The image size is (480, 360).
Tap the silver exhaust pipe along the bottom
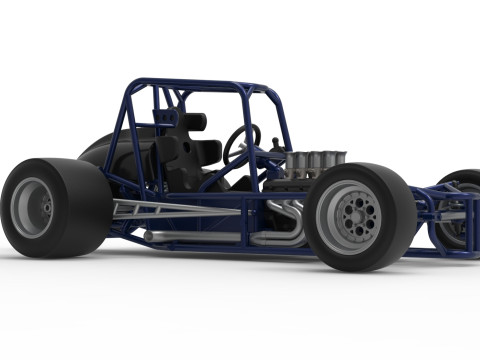200,237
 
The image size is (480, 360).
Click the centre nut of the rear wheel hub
46,207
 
